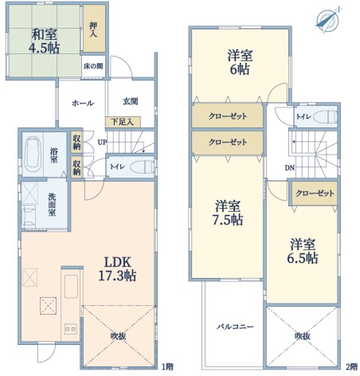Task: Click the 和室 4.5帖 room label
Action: tap(44, 41)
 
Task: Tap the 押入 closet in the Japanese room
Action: tap(94, 29)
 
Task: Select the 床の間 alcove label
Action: tap(93, 66)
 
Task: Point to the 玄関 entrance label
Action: tap(131, 101)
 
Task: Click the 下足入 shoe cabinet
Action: tap(123, 122)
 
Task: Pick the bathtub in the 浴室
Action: tap(33, 155)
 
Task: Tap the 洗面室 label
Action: tap(52, 204)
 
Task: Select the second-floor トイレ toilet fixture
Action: tap(325, 116)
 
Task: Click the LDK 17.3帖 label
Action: tap(117, 269)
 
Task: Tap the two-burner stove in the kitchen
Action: tap(71, 329)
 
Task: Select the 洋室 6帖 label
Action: tap(240, 63)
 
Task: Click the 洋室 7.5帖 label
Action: tap(228, 213)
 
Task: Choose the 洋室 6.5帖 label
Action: tap(303, 252)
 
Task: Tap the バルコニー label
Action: tap(235, 327)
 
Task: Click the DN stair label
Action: tap(290, 167)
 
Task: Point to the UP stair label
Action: tap(102, 143)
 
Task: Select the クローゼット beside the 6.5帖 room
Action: tap(315, 193)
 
